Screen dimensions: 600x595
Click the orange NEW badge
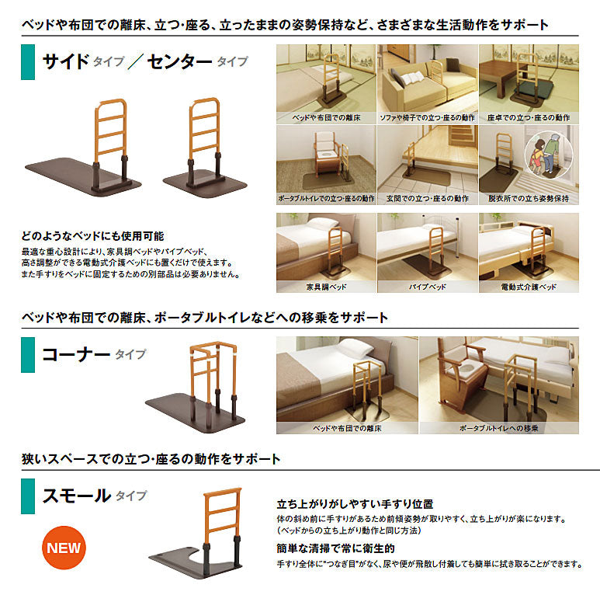click(x=64, y=548)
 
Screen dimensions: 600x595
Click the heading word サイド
click(x=66, y=61)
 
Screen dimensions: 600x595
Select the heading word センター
click(x=179, y=61)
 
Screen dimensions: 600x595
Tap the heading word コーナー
click(x=76, y=354)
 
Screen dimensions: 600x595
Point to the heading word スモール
click(x=77, y=496)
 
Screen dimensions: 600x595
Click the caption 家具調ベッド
click(x=327, y=287)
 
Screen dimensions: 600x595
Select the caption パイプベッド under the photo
click(x=428, y=287)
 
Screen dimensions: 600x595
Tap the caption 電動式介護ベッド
click(x=529, y=287)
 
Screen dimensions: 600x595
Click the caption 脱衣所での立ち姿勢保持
click(x=529, y=198)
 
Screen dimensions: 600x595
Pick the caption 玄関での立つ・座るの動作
click(x=428, y=198)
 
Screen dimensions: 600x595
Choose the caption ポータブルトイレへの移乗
click(x=499, y=428)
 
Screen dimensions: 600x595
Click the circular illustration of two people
click(x=549, y=154)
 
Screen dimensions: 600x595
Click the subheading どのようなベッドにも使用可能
click(x=92, y=236)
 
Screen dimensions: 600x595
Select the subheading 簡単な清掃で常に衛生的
click(x=335, y=548)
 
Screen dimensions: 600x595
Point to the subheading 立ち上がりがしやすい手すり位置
click(x=355, y=504)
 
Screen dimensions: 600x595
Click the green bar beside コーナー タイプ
click(x=28, y=354)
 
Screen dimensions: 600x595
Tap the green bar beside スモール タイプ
click(x=28, y=496)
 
